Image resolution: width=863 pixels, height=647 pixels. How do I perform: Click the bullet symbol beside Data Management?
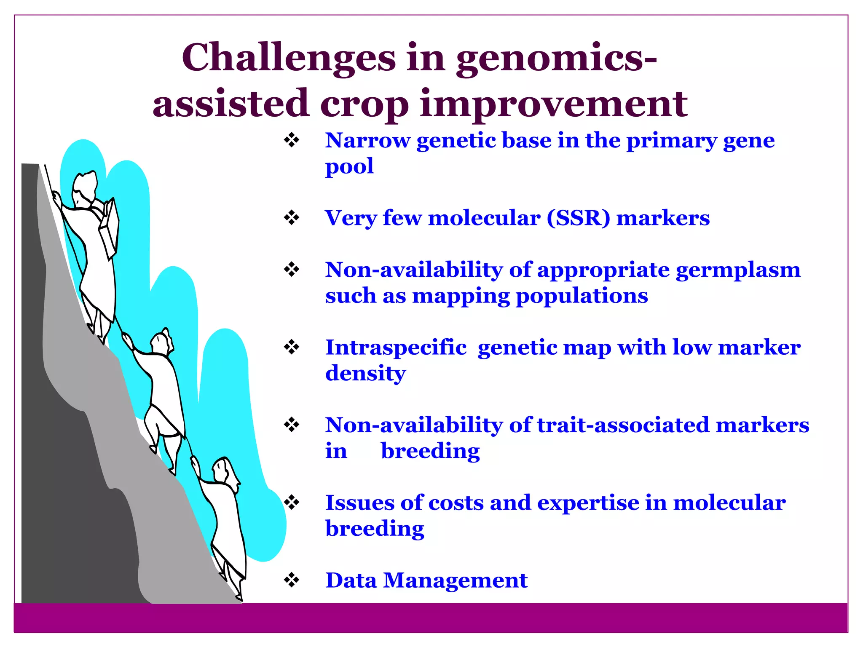pos(292,580)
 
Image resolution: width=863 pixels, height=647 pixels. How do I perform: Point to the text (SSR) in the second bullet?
pos(578,218)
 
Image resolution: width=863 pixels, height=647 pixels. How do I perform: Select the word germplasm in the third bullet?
pos(738,270)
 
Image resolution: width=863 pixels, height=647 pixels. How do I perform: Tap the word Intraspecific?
pos(396,348)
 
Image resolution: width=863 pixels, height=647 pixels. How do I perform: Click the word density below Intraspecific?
pos(365,374)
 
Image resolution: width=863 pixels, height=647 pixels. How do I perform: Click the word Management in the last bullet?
pos(455,580)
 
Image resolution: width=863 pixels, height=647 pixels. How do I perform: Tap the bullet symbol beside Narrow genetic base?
pos(292,140)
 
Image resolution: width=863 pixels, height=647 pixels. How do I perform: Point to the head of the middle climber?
pos(161,342)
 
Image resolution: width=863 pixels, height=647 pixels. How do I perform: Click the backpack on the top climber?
pos(109,228)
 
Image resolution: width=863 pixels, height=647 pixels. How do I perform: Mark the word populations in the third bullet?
pos(582,296)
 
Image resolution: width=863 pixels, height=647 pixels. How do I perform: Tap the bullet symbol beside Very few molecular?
pos(292,218)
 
